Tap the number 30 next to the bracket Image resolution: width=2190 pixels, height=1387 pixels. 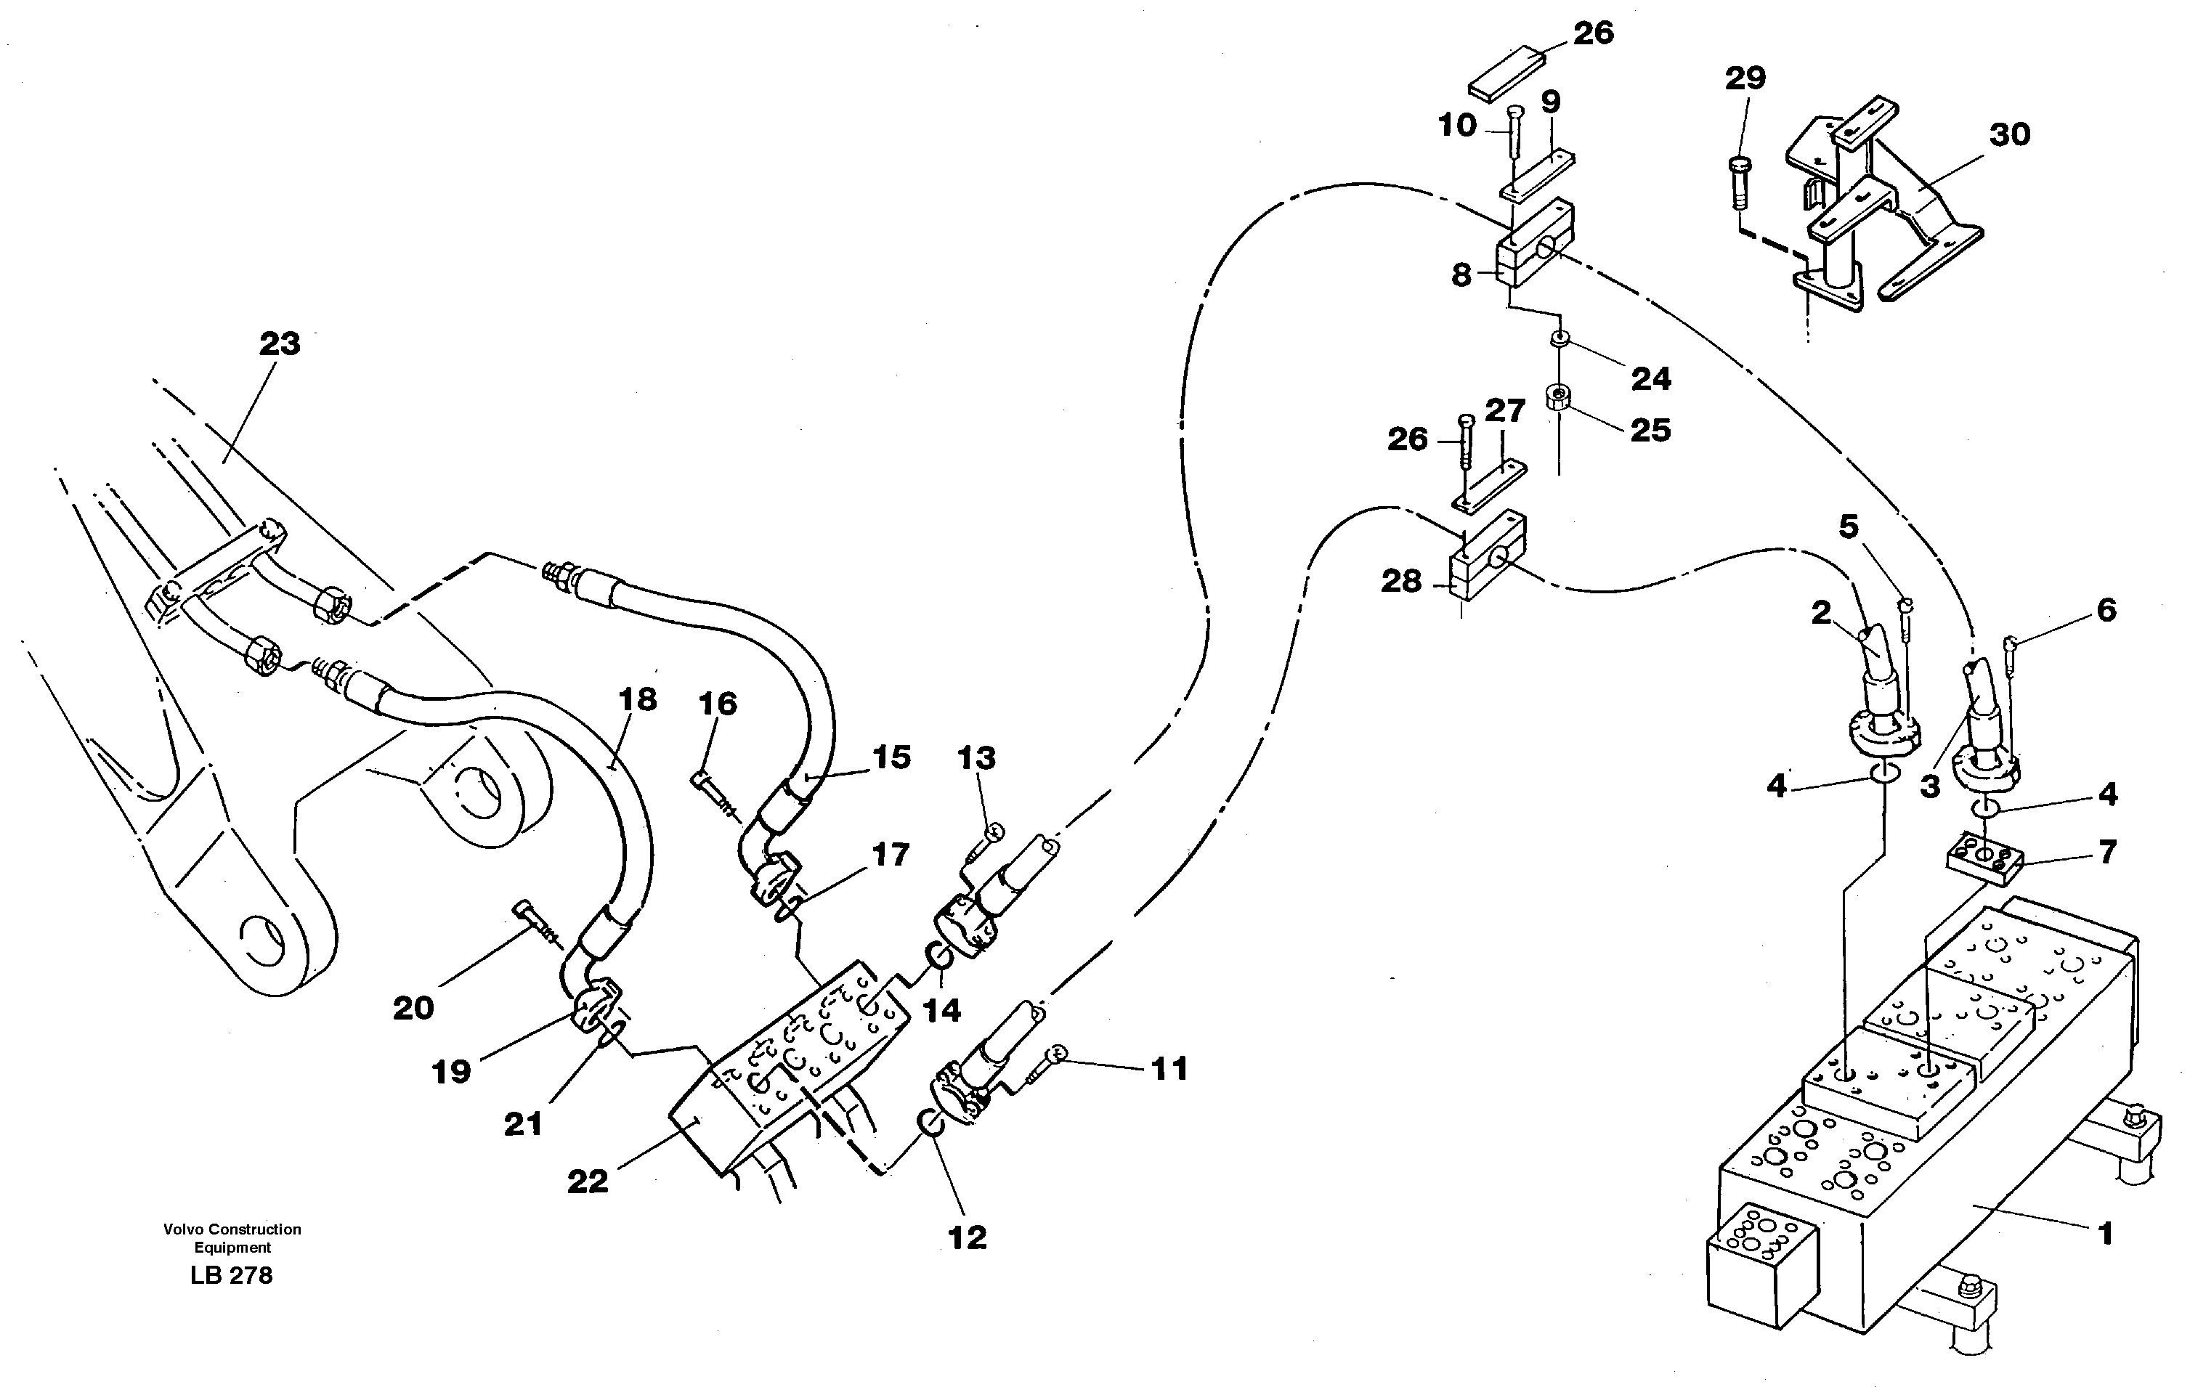click(x=2009, y=134)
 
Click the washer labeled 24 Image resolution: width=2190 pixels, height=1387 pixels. click(x=1559, y=340)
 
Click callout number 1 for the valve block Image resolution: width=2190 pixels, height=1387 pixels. click(x=2104, y=1235)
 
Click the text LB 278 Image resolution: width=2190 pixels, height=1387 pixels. click(x=231, y=1275)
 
